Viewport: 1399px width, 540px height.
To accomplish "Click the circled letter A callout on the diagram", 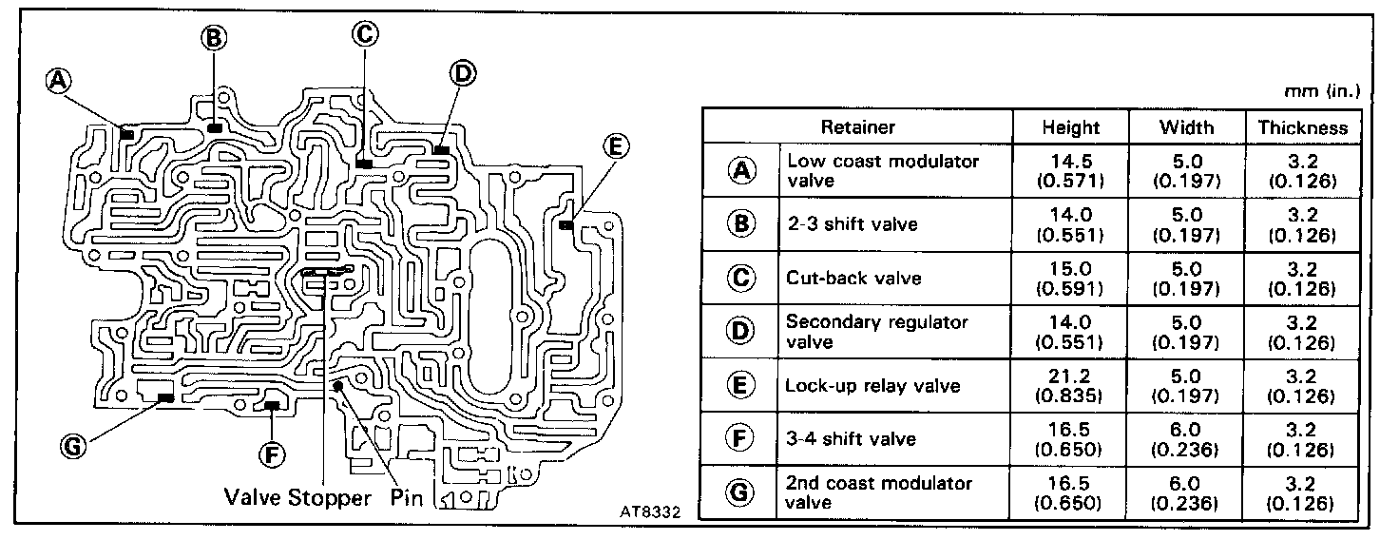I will pos(60,82).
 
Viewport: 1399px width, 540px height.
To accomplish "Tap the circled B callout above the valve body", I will pos(214,37).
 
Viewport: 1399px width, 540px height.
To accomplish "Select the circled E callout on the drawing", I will pos(615,147).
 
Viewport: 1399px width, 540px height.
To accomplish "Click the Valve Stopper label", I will pos(297,497).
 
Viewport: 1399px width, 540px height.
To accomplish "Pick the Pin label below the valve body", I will pos(405,497).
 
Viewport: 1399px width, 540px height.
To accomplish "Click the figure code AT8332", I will pos(650,509).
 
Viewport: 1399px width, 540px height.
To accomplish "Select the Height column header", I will pos(1070,126).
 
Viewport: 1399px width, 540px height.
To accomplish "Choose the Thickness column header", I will pos(1303,126).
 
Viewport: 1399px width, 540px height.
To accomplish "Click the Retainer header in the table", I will pos(858,126).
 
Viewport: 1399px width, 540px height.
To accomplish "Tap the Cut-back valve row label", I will pos(840,279).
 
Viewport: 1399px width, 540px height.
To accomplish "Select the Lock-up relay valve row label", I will pos(872,386).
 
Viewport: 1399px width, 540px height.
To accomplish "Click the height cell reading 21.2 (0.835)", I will pos(1070,385).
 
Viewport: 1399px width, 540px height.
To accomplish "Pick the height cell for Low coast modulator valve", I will pos(1070,170).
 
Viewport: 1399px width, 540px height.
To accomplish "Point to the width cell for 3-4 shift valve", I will pos(1186,439).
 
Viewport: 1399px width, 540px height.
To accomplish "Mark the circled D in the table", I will pos(739,331).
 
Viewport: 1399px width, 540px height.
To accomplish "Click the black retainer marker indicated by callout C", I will pos(363,164).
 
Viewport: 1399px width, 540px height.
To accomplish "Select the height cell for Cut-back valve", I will pos(1070,278).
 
